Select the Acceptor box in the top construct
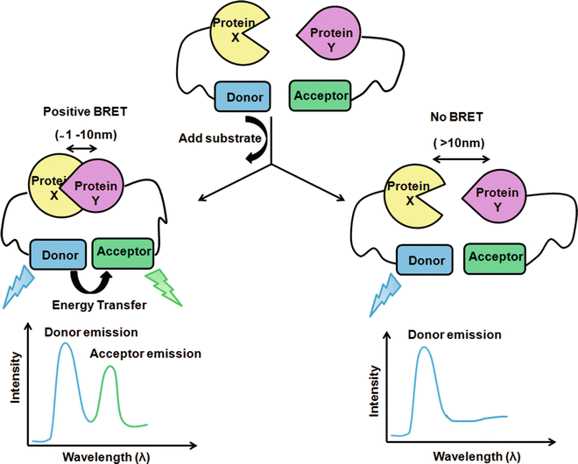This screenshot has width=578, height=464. click(x=321, y=95)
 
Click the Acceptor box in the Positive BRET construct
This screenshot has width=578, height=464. click(x=124, y=251)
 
